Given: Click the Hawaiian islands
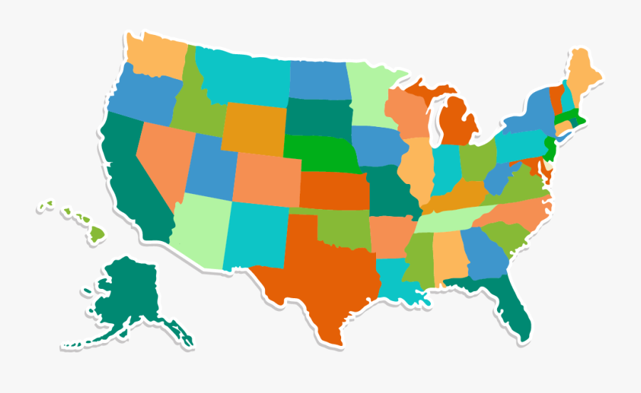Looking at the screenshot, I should click(96, 232).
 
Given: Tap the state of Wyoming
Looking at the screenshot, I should click(253, 128).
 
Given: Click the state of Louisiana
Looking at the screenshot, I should click(395, 278).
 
